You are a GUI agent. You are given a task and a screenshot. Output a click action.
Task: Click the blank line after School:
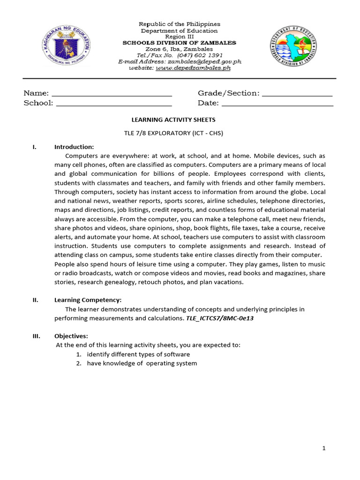click(114, 104)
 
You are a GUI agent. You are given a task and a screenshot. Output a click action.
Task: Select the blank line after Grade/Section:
click(297, 94)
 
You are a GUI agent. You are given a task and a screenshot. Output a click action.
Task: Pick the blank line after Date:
click(277, 104)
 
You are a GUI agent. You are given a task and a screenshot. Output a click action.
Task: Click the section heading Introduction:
click(74, 147)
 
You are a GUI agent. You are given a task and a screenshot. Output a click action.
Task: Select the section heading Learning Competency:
click(88, 300)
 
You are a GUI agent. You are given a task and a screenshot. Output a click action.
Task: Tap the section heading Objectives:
click(71, 336)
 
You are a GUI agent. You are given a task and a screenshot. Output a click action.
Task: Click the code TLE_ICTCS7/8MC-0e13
click(220, 318)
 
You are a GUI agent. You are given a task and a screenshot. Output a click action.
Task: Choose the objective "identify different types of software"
click(138, 354)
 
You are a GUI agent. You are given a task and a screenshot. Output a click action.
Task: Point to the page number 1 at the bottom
click(323, 449)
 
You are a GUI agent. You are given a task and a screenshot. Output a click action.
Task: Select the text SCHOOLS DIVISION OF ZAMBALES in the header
click(180, 43)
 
